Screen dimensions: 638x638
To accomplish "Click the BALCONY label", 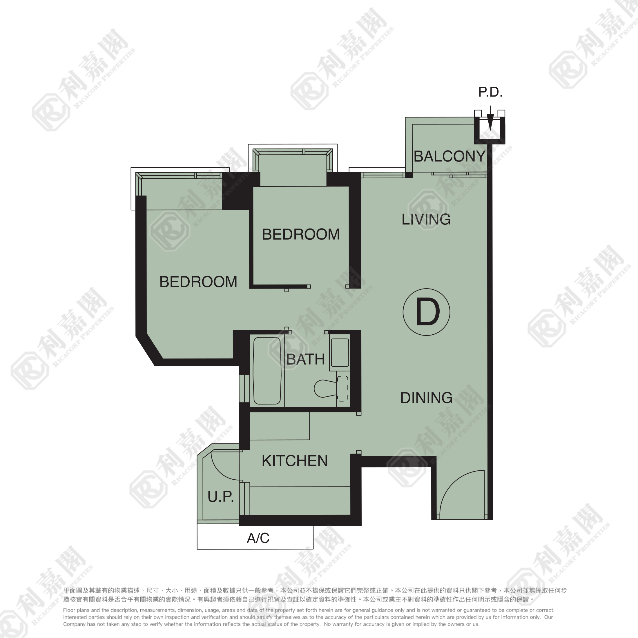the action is pos(449,157).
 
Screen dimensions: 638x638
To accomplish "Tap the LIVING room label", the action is pos(426,220).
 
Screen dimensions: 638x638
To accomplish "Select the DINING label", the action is pos(426,398).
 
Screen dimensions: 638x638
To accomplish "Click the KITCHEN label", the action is pos(295,461).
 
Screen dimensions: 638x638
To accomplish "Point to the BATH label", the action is pos(305,360).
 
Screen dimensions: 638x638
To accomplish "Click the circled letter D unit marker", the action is pos(426,312).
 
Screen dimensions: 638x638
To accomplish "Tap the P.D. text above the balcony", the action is pos(490,92).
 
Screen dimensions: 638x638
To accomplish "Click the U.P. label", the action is pos(221,497).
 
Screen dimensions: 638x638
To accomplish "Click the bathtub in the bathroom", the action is pos(267,371).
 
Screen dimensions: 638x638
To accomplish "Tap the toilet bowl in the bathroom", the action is pos(325,388).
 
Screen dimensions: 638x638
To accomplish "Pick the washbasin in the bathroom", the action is pos(340,352).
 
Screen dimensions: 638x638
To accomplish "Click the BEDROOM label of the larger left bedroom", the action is pos(198,282).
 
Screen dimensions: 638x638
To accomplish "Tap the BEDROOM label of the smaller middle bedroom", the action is pos(301,234).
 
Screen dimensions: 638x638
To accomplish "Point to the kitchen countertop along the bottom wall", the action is pos(300,501).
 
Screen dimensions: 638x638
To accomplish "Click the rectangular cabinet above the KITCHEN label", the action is pos(280,426).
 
